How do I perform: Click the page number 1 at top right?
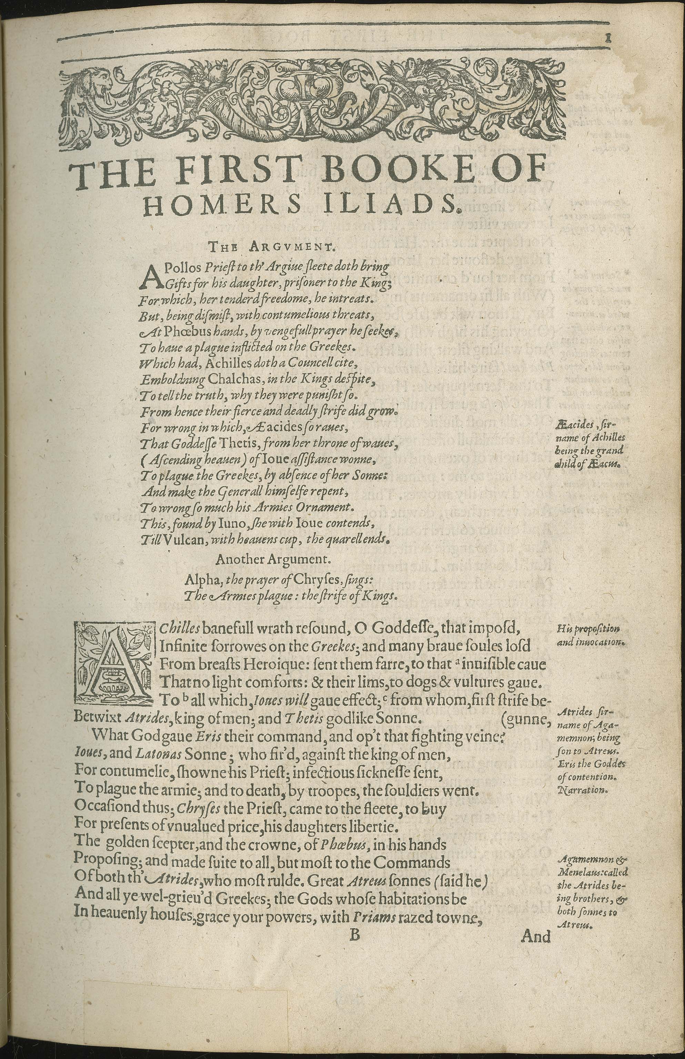point(607,39)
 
